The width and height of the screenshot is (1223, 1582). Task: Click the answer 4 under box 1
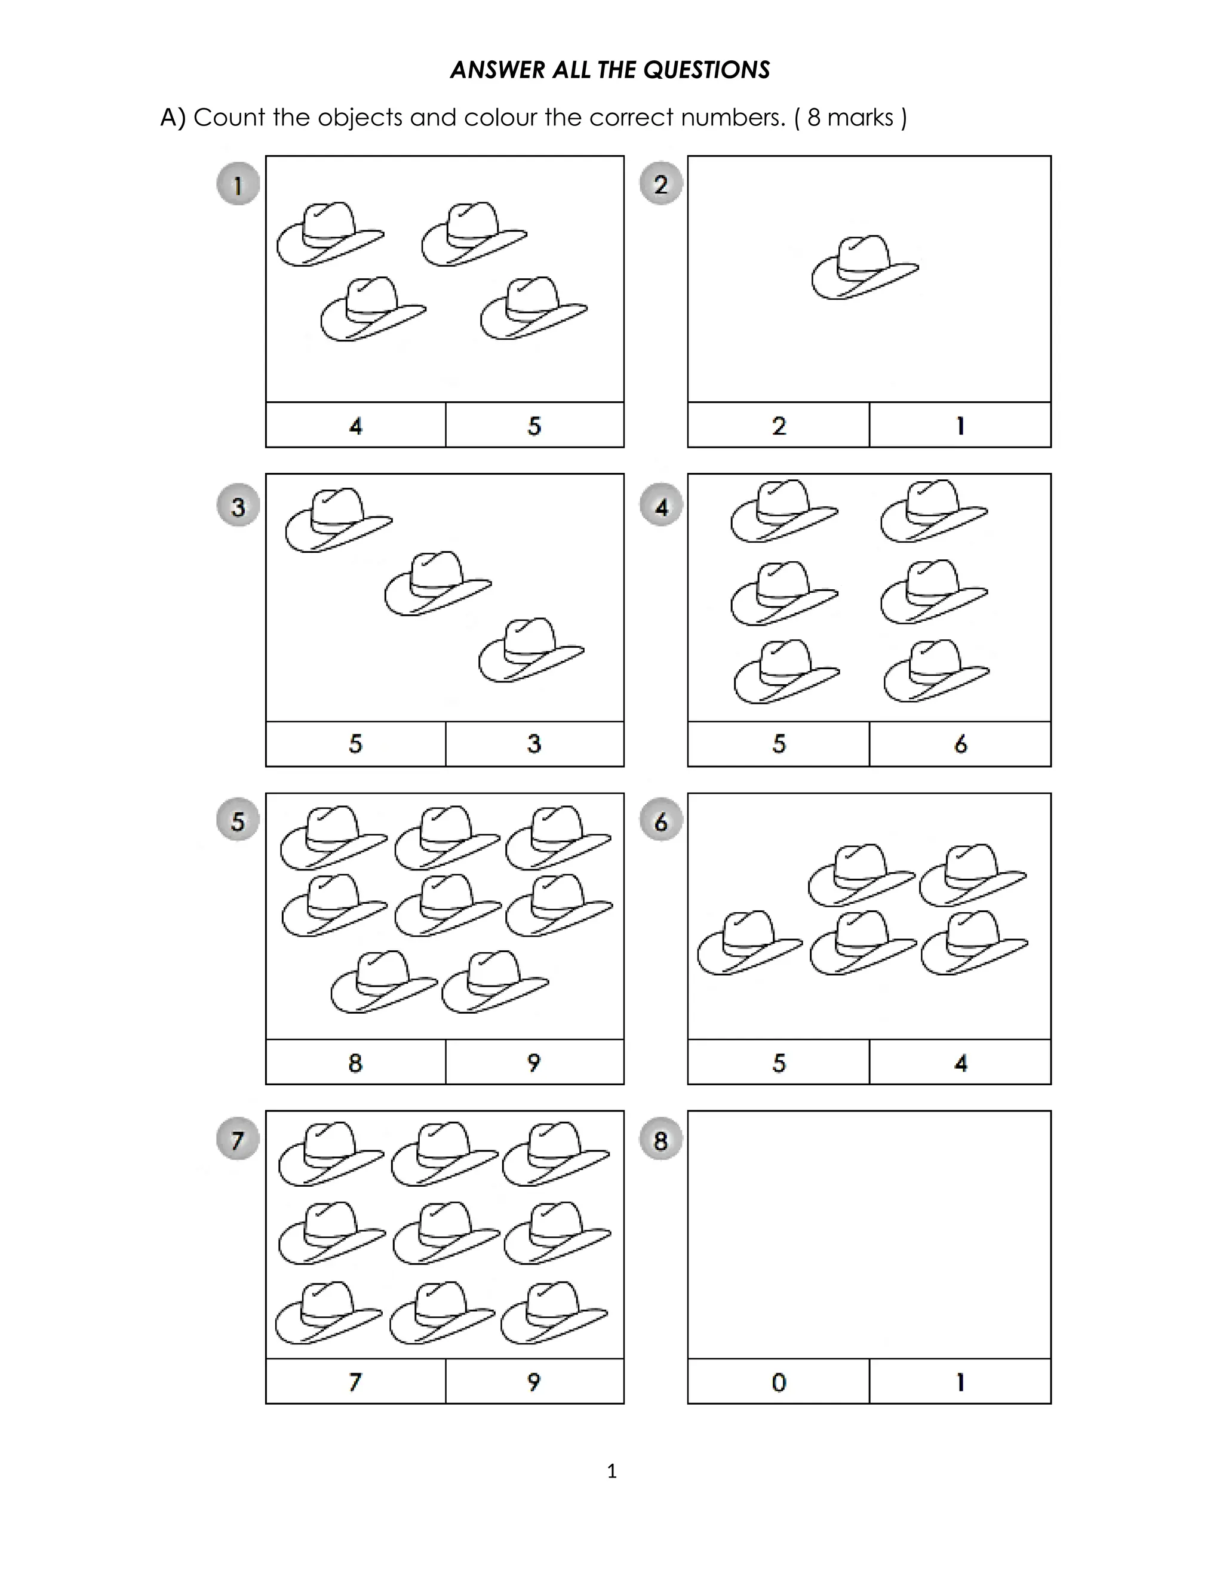tap(355, 425)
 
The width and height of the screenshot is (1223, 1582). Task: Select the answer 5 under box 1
tap(534, 425)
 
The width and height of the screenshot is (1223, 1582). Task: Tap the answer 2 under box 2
tap(779, 425)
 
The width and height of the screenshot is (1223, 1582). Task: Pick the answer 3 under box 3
tap(534, 743)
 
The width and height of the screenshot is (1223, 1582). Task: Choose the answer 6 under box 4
tap(960, 743)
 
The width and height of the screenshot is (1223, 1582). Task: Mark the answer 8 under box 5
tap(355, 1063)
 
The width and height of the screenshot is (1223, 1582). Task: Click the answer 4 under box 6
tap(960, 1063)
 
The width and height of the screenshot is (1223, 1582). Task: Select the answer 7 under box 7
tap(355, 1382)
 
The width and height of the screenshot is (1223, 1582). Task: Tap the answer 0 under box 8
tap(779, 1382)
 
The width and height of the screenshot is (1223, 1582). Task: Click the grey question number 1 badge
tap(238, 184)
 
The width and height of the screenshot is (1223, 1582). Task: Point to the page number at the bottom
tap(611, 1471)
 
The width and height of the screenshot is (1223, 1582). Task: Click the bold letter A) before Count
tap(173, 118)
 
